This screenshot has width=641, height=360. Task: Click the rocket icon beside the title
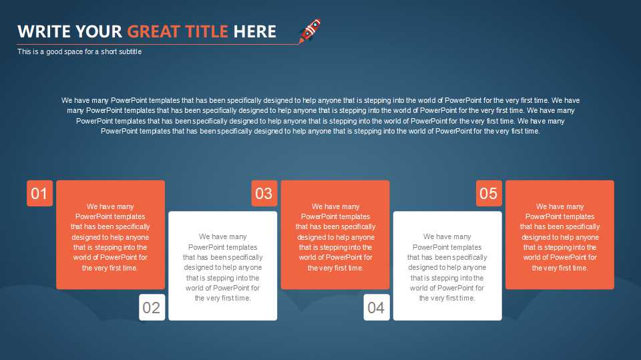point(309,31)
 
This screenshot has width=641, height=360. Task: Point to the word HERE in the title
point(254,31)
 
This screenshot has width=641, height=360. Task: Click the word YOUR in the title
point(99,31)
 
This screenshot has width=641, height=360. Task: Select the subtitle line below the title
point(79,51)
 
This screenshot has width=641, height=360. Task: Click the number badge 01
point(39,193)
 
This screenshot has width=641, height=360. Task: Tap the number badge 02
point(152,307)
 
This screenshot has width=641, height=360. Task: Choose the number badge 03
point(264,193)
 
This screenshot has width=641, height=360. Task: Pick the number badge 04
point(377,307)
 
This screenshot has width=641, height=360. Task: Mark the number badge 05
point(489,193)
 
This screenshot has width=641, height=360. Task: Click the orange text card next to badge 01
point(110,235)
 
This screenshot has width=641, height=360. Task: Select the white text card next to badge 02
point(223,266)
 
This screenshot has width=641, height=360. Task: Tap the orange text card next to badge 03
point(335,235)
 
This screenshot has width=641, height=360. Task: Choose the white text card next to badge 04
point(447,266)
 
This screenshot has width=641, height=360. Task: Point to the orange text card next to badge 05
point(560,235)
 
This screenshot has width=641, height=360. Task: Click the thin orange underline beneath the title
point(158,44)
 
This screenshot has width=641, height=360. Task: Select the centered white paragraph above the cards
point(320,116)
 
